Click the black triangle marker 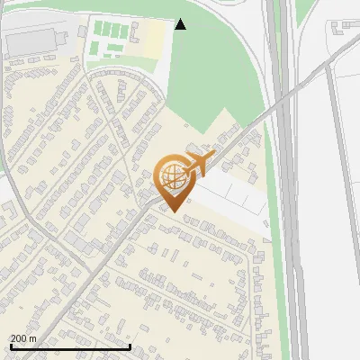coord(181,24)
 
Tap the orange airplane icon coord(199,164)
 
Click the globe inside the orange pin coord(174,178)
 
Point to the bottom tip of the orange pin coord(175,212)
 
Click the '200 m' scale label coord(23,338)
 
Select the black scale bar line coord(69,346)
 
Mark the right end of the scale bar coord(130,346)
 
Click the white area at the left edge coord(6,189)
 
